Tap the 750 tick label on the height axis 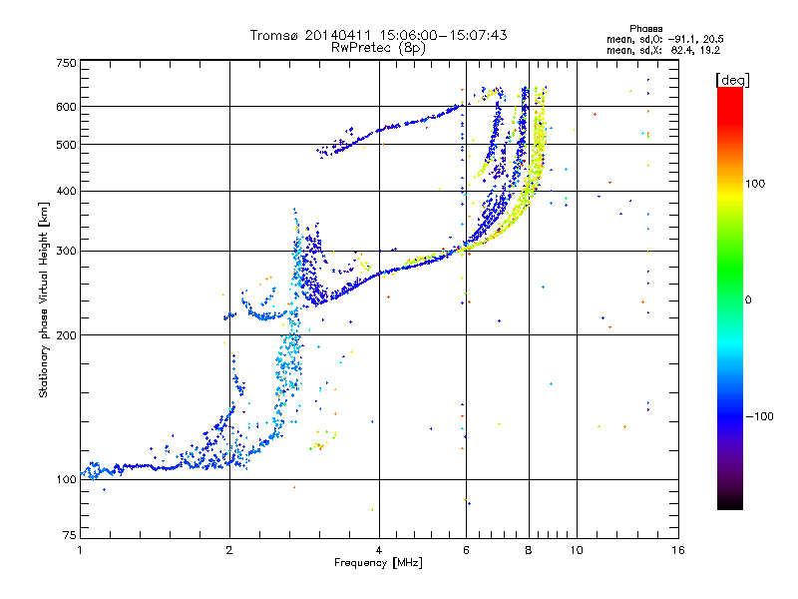coord(66,63)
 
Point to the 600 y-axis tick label coord(66,107)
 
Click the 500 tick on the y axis coord(66,145)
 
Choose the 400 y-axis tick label coord(66,191)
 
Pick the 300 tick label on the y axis coord(66,251)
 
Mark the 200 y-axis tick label coord(66,334)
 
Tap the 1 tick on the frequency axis coord(80,550)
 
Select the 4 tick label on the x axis coord(379,550)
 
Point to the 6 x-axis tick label coord(466,550)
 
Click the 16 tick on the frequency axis coord(677,550)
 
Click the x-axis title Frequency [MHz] coord(378,563)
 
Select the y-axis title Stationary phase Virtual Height coord(44,299)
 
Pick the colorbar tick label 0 coord(747,299)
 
